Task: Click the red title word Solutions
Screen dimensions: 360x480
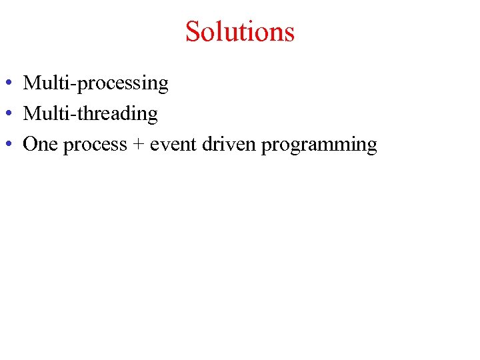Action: click(239, 31)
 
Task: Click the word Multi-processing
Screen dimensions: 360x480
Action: click(95, 84)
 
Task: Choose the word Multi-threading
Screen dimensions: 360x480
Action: click(90, 115)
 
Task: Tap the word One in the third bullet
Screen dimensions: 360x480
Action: click(41, 144)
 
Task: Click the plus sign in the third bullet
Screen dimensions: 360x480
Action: click(138, 145)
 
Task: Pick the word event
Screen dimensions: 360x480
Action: click(170, 145)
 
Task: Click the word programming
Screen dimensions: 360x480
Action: click(319, 145)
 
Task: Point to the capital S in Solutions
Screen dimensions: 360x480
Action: click(193, 31)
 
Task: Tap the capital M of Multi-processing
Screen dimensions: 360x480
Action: click(31, 83)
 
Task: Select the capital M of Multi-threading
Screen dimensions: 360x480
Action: click(31, 114)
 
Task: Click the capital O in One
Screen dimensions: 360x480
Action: click(30, 144)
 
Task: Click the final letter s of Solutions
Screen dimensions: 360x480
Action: click(289, 33)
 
